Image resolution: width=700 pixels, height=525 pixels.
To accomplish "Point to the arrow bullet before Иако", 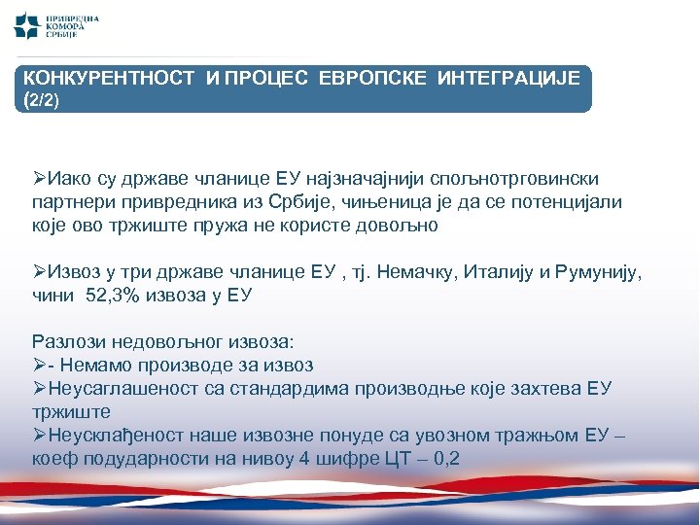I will (x=39, y=180).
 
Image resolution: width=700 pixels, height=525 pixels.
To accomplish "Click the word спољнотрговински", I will (x=519, y=180).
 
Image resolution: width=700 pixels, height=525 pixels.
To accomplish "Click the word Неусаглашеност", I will (x=118, y=388).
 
